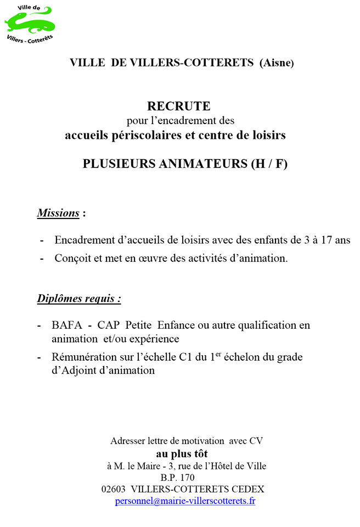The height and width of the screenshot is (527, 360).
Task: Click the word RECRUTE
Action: point(179,105)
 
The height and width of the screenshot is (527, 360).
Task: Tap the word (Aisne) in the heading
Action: point(277,63)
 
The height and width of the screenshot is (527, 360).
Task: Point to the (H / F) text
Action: point(269,163)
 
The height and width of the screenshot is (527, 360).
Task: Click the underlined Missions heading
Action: point(58,213)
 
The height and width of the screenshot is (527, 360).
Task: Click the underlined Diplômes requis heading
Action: point(79,299)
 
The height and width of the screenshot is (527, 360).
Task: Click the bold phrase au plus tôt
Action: point(180,454)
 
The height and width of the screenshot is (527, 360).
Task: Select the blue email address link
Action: point(185,501)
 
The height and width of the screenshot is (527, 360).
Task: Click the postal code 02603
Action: point(114,489)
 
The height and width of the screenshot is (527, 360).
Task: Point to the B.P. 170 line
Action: point(177,478)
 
